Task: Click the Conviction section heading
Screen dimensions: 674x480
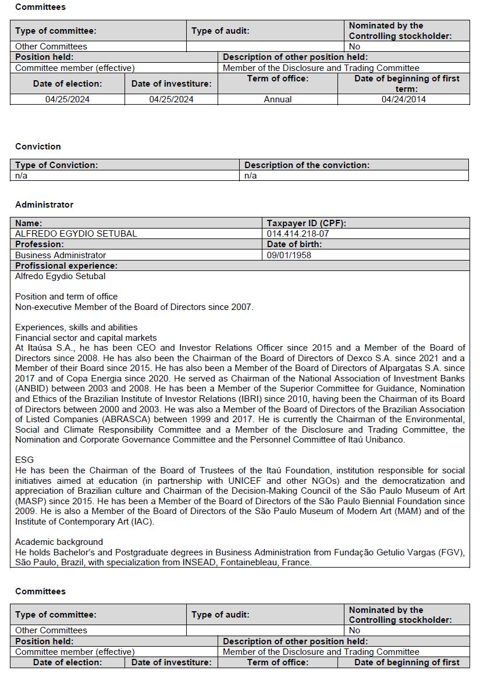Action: point(38,147)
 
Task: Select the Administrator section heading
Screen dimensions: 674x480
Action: point(44,205)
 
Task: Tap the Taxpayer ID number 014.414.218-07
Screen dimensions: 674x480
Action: point(298,234)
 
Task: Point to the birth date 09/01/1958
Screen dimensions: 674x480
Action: point(289,255)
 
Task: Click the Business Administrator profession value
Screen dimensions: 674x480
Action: point(61,255)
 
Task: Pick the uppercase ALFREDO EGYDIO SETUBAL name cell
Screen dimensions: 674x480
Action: point(76,234)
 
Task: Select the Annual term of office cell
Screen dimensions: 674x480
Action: point(278,99)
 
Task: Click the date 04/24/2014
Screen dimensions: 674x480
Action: point(403,99)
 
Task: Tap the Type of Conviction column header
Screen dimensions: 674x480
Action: point(56,165)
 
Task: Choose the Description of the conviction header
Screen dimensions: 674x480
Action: point(307,165)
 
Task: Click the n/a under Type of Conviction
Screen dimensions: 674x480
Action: point(22,176)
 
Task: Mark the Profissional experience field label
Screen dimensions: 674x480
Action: point(66,266)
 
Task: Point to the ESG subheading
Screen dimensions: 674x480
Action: point(24,460)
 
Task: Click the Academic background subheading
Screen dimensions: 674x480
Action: point(59,541)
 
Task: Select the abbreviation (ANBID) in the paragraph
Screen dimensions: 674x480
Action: point(33,389)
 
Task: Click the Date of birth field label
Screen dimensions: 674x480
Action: point(294,245)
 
